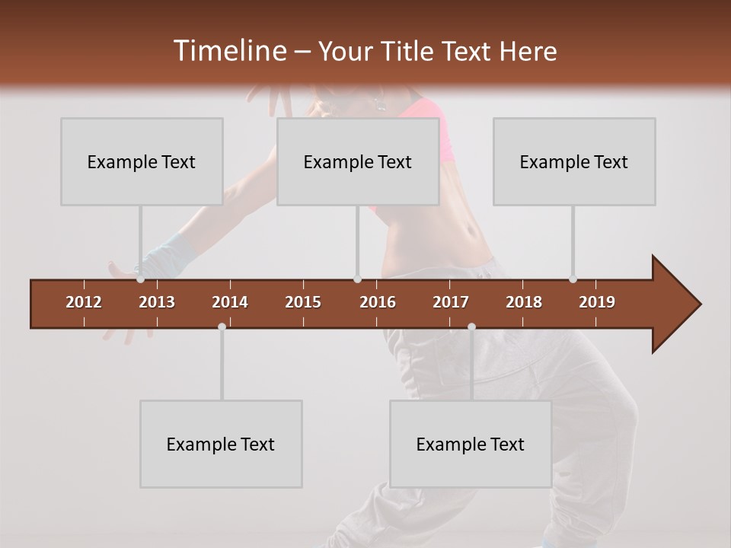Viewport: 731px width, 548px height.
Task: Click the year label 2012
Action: tap(84, 302)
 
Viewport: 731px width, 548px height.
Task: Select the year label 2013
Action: tap(157, 302)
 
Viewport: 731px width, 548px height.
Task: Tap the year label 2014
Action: tap(230, 302)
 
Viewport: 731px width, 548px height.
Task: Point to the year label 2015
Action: tap(303, 302)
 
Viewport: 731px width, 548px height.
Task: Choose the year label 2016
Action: tap(378, 302)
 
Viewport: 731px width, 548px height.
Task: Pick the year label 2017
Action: tap(451, 302)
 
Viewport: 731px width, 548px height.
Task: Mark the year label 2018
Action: tap(524, 302)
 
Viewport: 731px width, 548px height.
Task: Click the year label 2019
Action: tap(597, 302)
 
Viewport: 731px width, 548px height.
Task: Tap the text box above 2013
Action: tap(142, 161)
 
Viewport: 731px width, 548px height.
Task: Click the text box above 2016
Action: tap(358, 161)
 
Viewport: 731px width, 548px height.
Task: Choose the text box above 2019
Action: tap(574, 161)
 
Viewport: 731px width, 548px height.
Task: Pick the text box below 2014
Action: tap(221, 444)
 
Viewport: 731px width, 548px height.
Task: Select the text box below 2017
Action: tap(471, 444)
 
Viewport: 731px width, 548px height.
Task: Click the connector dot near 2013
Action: tap(140, 279)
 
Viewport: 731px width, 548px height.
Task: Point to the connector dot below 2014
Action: tap(222, 327)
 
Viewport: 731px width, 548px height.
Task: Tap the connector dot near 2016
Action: tap(357, 279)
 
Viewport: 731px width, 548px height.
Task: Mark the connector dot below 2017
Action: tap(471, 327)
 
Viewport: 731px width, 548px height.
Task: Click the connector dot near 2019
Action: tap(573, 279)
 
